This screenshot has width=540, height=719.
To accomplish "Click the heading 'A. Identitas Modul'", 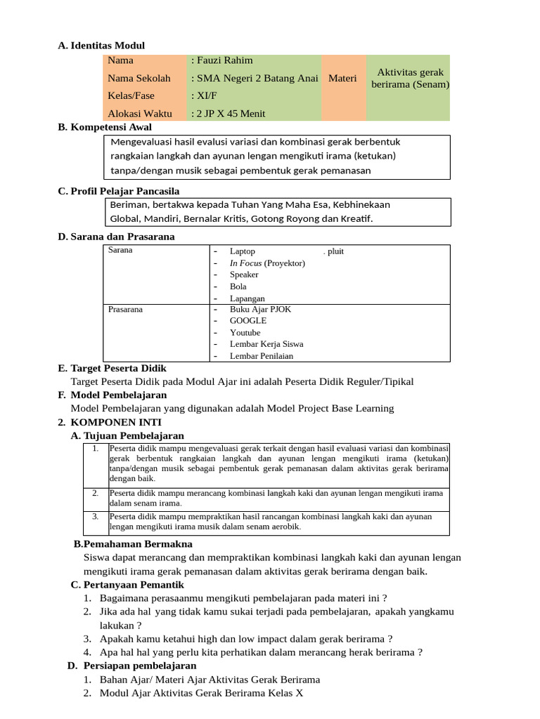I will coord(101,46).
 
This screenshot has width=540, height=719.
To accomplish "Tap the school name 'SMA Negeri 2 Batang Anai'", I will coord(255,78).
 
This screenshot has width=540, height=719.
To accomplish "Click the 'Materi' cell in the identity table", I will coord(342,78).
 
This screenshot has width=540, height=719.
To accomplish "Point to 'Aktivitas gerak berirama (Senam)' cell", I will coord(410,78).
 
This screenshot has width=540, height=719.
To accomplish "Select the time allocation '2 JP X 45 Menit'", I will coord(228,113).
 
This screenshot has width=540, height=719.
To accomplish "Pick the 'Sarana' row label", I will coord(120,250).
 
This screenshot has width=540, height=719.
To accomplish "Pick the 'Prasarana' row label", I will coord(126,309).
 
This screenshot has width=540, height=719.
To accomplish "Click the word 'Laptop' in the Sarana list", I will coord(243,251).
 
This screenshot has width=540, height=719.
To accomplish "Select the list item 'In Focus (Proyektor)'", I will coord(267,263).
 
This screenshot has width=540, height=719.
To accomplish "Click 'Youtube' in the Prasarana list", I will coord(245,332).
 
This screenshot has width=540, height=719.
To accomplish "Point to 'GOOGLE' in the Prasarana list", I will coord(247,320).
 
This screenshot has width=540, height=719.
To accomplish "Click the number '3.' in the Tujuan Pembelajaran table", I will coord(96,516).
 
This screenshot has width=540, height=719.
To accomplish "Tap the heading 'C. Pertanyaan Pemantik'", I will coord(127,585).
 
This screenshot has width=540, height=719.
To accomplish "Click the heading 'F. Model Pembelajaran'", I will coord(112,395).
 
